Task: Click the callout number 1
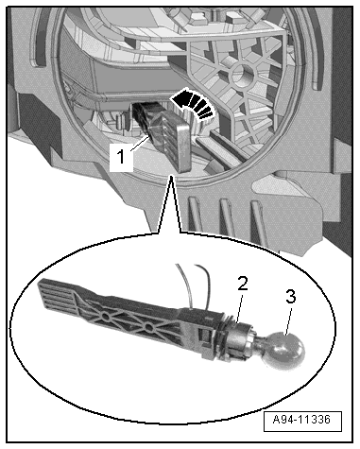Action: click(121, 157)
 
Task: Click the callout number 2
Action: click(242, 285)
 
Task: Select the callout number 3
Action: click(290, 297)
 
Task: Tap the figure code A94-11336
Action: click(301, 420)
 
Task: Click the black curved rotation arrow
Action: click(192, 104)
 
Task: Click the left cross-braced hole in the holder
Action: click(105, 316)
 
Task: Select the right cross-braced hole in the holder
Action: click(149, 329)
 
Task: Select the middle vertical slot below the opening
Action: click(227, 218)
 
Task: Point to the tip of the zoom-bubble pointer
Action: click(171, 177)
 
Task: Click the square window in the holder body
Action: click(204, 335)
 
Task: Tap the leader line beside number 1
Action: click(139, 144)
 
